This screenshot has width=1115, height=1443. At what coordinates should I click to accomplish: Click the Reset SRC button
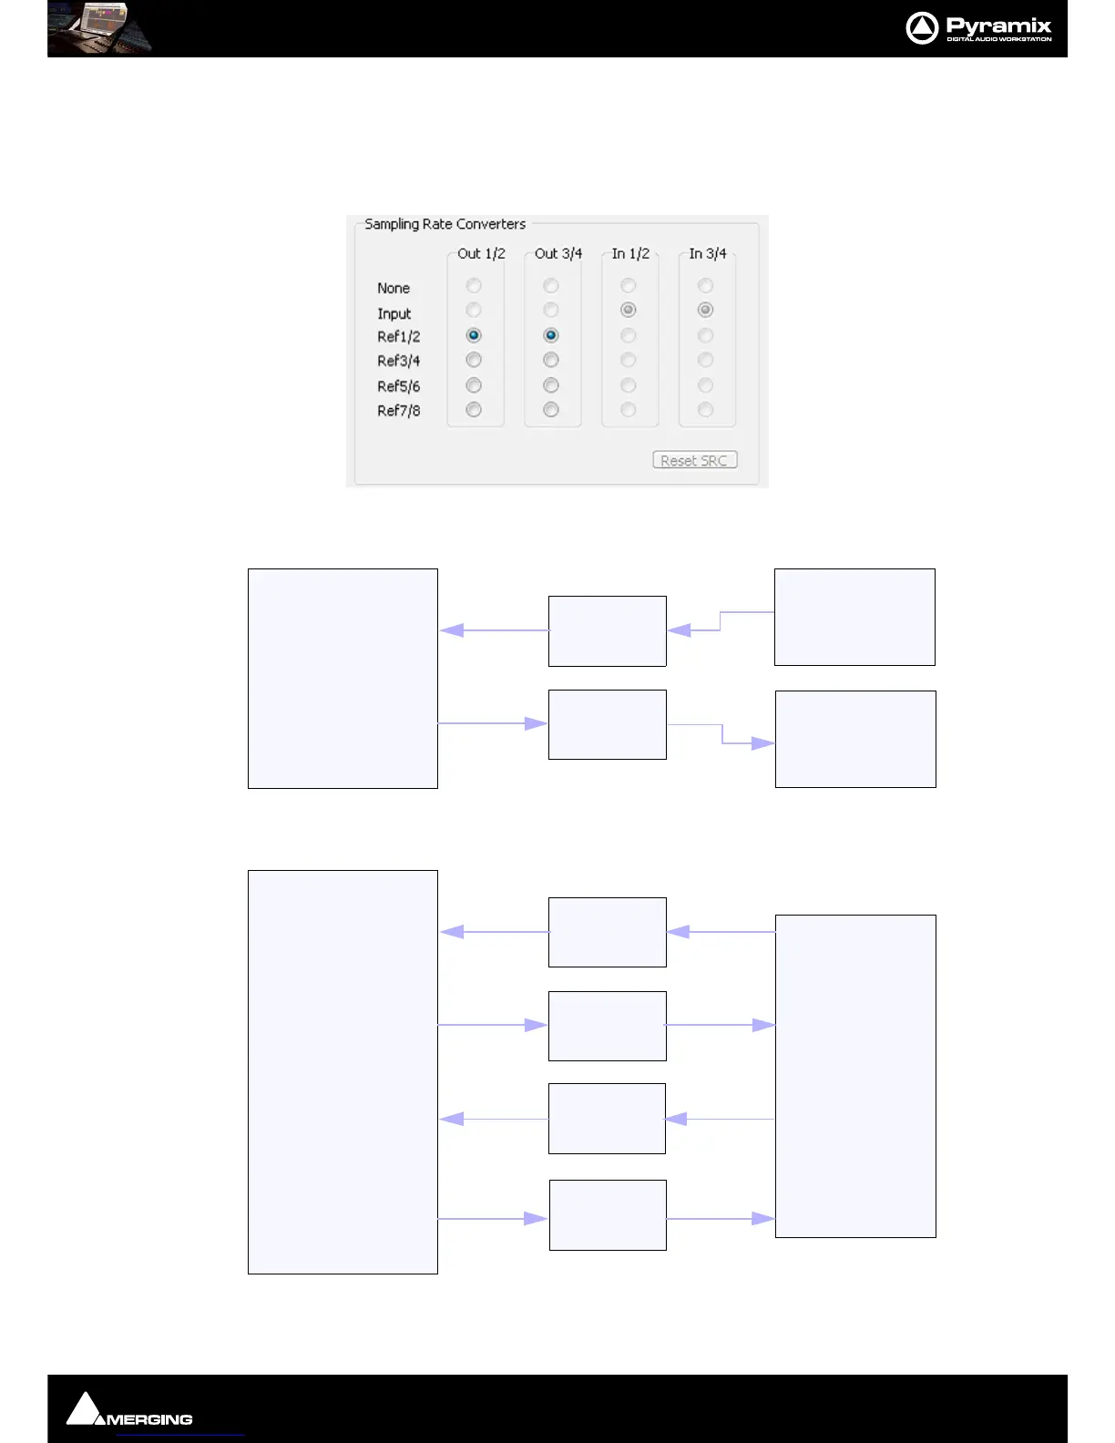click(694, 461)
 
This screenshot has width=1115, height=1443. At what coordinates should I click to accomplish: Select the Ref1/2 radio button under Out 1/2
click(474, 336)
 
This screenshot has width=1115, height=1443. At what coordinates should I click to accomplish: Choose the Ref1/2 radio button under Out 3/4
click(551, 336)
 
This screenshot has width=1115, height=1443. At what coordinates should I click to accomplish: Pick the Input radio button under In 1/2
click(629, 311)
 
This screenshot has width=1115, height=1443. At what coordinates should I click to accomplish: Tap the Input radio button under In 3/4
click(705, 311)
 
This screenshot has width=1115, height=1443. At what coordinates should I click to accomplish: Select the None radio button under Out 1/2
click(474, 286)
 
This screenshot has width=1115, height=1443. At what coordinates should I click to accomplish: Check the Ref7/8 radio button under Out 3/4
click(551, 410)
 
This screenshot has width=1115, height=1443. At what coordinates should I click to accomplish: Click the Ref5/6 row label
click(399, 386)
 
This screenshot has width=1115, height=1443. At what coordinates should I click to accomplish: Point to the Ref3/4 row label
click(399, 361)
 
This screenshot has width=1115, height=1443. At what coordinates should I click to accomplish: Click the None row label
click(394, 288)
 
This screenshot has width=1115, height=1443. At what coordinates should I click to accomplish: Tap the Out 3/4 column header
click(558, 253)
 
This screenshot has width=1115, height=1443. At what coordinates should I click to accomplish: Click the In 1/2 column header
click(630, 253)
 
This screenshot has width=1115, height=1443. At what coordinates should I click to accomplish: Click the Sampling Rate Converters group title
click(445, 224)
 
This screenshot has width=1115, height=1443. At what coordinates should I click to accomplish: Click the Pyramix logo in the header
click(979, 28)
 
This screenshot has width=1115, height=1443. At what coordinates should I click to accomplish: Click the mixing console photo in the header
click(99, 28)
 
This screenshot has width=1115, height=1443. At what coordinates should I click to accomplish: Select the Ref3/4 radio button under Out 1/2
click(474, 361)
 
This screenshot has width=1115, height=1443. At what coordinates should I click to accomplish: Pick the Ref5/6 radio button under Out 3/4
click(551, 385)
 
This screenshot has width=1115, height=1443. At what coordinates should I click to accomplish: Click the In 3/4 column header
click(708, 253)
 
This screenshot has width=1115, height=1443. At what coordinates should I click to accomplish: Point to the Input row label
click(394, 313)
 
